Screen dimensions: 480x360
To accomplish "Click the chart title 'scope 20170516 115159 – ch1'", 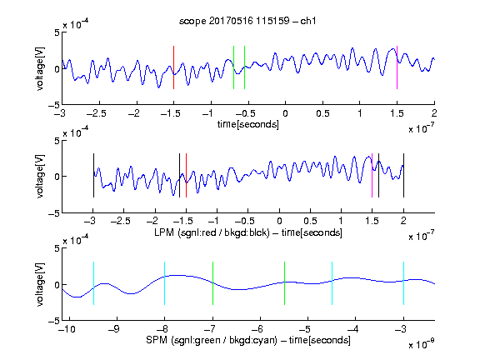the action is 247,21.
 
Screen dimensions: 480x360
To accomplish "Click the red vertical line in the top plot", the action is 174,67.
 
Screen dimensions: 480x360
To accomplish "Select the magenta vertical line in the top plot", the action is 397,67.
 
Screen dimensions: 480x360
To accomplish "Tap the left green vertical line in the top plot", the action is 234,67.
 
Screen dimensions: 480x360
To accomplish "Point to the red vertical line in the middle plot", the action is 186,175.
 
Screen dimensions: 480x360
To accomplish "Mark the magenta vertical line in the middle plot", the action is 372,175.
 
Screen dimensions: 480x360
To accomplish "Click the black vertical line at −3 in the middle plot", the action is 93,175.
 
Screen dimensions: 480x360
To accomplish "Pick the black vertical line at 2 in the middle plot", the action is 404,175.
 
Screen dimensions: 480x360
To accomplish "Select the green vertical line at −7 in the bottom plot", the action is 213,283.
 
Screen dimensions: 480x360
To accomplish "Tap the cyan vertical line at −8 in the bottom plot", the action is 165,283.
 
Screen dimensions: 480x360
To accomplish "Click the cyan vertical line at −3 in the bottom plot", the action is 404,283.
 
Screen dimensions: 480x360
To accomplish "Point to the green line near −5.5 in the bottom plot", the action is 285,283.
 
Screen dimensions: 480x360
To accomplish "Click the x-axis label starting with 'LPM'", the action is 248,232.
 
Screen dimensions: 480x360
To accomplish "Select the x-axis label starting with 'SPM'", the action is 248,340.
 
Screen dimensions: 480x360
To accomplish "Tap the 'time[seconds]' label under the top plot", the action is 248,124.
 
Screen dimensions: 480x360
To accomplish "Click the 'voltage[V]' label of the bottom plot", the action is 40,284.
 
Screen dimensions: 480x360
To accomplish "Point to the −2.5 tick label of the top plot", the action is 97,114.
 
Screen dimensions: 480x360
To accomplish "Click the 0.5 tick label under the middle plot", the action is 310,221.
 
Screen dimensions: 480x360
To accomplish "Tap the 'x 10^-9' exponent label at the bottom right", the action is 422,343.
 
